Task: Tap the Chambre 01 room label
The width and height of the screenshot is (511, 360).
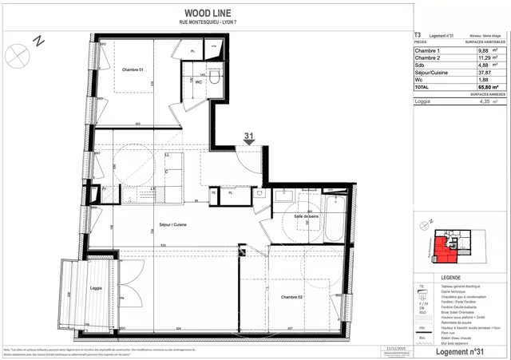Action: pos(133,69)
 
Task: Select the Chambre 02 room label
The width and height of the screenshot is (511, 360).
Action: pos(291,297)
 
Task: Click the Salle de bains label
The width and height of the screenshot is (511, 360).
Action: pos(307,216)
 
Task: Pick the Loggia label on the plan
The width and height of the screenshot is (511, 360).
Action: pos(97,287)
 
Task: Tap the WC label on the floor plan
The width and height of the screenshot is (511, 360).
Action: pos(197,81)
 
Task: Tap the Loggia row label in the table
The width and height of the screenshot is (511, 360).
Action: pos(425,101)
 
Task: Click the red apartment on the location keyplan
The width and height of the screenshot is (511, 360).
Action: pos(443,251)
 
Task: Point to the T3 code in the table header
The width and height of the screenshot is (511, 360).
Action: pos(418,35)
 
